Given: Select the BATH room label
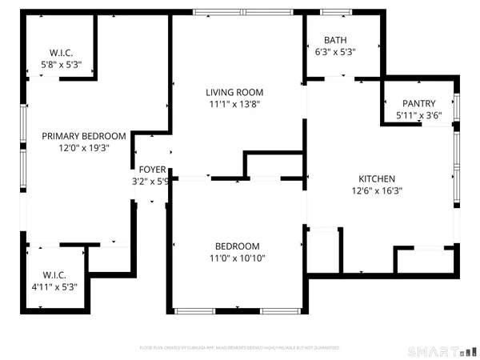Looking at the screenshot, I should tap(334, 40).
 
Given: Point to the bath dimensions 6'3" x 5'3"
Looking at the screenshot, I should tap(334, 52).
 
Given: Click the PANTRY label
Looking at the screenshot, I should tap(418, 103).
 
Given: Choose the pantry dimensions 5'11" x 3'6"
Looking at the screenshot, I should tap(418, 115).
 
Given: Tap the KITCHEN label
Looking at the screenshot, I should tap(377, 178).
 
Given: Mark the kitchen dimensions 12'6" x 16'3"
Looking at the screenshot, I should tap(377, 190).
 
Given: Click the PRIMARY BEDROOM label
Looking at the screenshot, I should tap(84, 136).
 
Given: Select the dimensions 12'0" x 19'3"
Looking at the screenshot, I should tap(84, 148).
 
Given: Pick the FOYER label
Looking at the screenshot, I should tap(152, 170).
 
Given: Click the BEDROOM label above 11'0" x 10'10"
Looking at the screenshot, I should tap(237, 246).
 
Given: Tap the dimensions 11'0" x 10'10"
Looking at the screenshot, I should tap(237, 258).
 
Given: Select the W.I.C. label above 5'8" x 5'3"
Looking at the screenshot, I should tap(62, 54).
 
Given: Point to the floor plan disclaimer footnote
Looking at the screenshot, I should tap(239, 349).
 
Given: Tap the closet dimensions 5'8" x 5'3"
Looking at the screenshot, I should tap(62, 66).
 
